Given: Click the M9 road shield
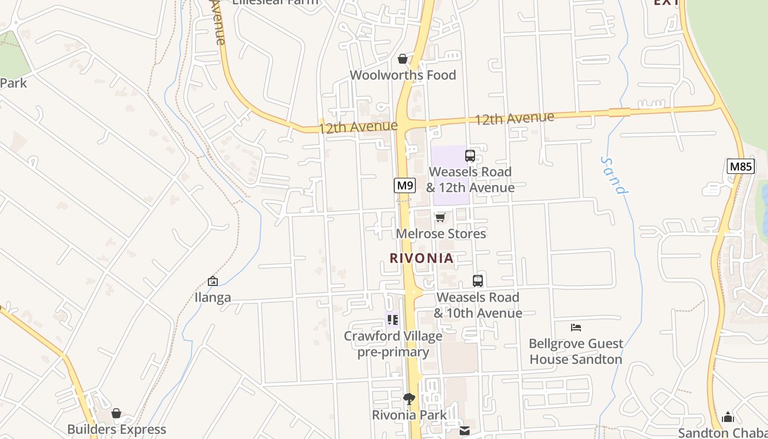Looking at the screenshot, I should click(405, 185).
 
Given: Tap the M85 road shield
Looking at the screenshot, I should click(741, 166).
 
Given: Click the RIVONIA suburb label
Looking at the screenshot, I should click(421, 258).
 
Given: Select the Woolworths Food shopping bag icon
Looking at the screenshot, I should click(403, 59).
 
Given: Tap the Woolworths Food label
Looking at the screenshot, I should click(403, 75).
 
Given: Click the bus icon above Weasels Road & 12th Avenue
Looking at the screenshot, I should click(470, 156).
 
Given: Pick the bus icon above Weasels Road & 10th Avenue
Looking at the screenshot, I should click(478, 281).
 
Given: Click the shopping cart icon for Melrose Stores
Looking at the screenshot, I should click(440, 218).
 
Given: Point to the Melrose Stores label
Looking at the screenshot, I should click(441, 234).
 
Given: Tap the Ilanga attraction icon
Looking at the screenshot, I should click(213, 282).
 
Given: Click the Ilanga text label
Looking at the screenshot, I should click(213, 298).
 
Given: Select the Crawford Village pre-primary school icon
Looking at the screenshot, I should click(393, 319).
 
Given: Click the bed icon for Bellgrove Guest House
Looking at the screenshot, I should click(576, 328).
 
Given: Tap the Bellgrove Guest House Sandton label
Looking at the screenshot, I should click(575, 352).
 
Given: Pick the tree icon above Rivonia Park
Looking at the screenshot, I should click(409, 399).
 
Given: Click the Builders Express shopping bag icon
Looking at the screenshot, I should click(116, 413).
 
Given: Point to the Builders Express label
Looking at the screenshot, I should click(116, 429).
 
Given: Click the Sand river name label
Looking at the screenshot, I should click(613, 176).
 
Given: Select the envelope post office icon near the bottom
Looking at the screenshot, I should click(465, 431).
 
